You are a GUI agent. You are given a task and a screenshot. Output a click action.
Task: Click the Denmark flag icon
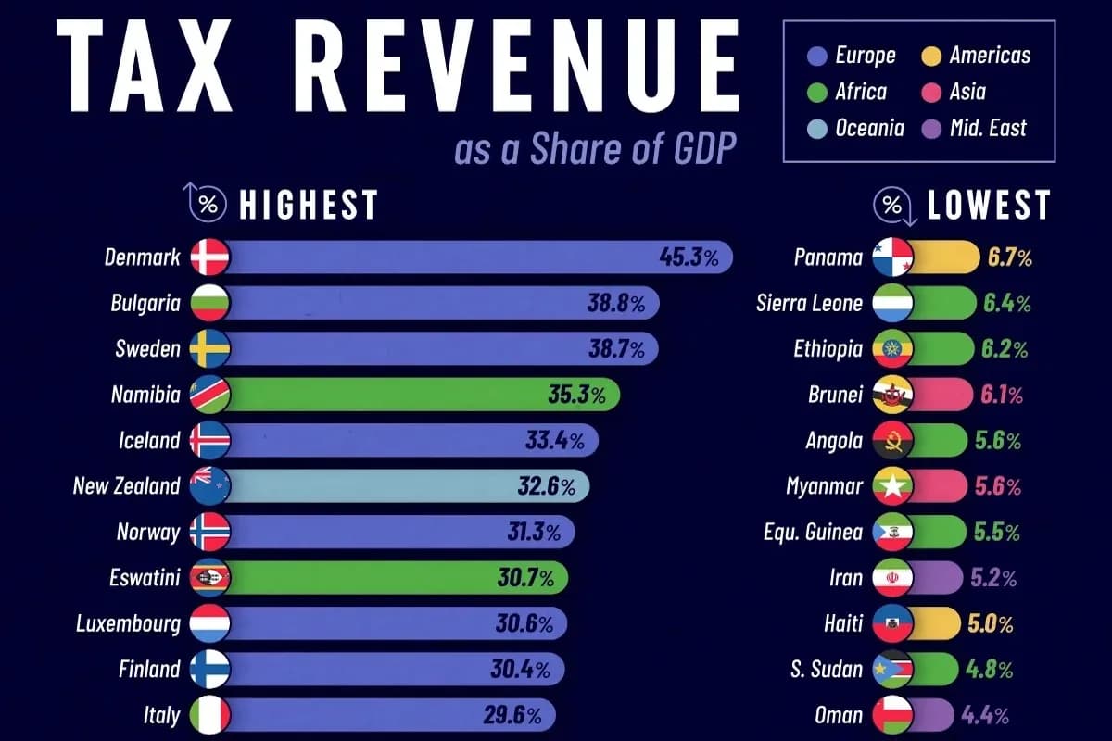210,257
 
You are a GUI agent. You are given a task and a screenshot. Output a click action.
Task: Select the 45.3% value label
689,257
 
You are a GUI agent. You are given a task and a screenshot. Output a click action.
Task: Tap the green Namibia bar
423,395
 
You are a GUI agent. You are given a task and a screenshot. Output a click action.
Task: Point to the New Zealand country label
126,486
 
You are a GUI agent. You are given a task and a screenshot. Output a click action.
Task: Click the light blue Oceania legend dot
817,129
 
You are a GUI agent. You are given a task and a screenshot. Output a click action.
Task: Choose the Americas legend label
990,55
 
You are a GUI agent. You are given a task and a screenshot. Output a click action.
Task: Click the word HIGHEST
309,205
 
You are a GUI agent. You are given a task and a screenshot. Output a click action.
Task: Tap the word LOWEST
989,205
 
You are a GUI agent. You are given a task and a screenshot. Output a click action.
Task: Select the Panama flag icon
892,257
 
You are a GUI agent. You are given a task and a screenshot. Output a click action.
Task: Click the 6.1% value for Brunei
1002,396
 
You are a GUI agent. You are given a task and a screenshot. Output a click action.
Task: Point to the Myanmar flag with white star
892,486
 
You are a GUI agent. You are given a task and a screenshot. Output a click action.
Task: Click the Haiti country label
843,623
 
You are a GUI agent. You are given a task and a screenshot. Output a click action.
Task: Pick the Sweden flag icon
210,348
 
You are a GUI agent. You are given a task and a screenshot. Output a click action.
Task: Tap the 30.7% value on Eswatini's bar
525,578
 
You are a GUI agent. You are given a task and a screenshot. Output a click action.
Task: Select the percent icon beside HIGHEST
206,203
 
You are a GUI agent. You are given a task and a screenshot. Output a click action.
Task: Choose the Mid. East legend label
988,128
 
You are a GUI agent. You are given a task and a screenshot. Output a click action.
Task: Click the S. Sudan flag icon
892,669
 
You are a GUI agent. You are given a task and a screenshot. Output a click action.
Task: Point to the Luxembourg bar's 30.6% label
524,624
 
